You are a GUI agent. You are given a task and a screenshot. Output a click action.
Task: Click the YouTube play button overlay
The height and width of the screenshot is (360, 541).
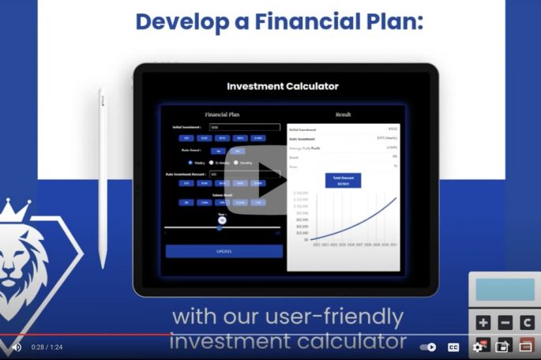tap(265, 183)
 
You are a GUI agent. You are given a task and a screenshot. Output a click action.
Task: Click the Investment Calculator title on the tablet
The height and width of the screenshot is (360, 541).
tap(282, 86)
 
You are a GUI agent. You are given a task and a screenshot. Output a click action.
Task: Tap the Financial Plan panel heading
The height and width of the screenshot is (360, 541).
tap(222, 114)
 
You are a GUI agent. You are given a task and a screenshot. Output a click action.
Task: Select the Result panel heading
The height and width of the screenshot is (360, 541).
tap(344, 114)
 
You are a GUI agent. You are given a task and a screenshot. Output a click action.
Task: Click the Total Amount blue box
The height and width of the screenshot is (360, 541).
tap(343, 180)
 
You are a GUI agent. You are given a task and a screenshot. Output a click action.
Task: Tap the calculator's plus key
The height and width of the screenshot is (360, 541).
tap(483, 322)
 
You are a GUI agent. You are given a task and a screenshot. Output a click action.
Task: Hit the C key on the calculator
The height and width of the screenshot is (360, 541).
tap(526, 322)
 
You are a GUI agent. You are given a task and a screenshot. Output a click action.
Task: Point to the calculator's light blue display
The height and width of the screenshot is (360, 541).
tap(505, 290)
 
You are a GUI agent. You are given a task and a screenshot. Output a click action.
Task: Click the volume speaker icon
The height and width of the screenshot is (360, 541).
tap(16, 347)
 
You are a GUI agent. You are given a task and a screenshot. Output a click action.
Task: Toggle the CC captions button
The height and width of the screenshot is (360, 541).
tap(454, 347)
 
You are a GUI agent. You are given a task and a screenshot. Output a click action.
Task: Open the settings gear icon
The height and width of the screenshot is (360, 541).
tap(478, 347)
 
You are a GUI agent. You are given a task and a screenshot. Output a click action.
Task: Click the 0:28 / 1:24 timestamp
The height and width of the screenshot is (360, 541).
tap(47, 347)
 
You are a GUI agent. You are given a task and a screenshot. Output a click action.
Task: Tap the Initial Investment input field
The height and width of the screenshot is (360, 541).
tap(244, 127)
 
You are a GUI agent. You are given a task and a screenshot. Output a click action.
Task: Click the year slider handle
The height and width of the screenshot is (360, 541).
tap(223, 221)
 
